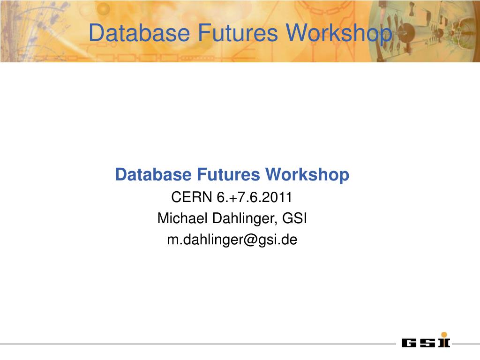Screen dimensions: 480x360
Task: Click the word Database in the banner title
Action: (139, 33)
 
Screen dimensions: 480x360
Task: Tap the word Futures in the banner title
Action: (238, 33)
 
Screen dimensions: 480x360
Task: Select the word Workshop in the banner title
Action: (339, 34)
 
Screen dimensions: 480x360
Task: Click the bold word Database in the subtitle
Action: (153, 174)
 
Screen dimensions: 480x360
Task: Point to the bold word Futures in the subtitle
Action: (228, 174)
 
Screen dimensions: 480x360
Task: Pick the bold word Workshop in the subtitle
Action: (307, 175)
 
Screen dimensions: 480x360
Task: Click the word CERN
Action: (192, 197)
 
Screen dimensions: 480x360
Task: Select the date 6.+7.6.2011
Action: (254, 197)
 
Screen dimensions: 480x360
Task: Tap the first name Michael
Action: (182, 218)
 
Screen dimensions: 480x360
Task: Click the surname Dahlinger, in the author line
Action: (245, 219)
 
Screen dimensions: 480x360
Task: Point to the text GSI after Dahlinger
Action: (294, 218)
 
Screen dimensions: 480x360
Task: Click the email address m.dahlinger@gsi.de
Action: (232, 240)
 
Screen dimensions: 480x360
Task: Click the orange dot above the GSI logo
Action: (444, 335)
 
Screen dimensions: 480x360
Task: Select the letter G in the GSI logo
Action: (409, 343)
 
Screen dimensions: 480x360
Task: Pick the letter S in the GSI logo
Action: (427, 343)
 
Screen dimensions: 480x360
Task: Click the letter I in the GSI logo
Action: (444, 343)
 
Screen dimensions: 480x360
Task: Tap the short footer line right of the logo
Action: (466, 344)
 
